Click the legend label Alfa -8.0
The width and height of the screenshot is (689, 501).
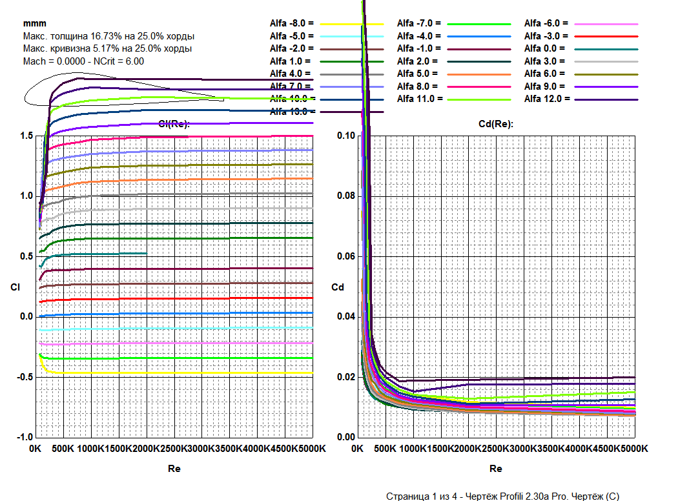point(291,24)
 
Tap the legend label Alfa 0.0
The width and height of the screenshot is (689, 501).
point(544,48)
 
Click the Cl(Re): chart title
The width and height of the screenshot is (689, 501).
point(174,124)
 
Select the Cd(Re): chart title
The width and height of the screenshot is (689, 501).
point(496,124)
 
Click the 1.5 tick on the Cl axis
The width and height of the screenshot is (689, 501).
point(26,136)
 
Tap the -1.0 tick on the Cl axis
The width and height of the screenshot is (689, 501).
point(25,437)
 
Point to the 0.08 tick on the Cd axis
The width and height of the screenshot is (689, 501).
point(346,196)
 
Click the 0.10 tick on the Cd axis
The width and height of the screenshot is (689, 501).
point(346,136)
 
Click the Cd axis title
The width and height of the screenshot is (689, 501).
point(336,287)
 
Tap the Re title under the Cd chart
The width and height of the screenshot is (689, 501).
point(496,469)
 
